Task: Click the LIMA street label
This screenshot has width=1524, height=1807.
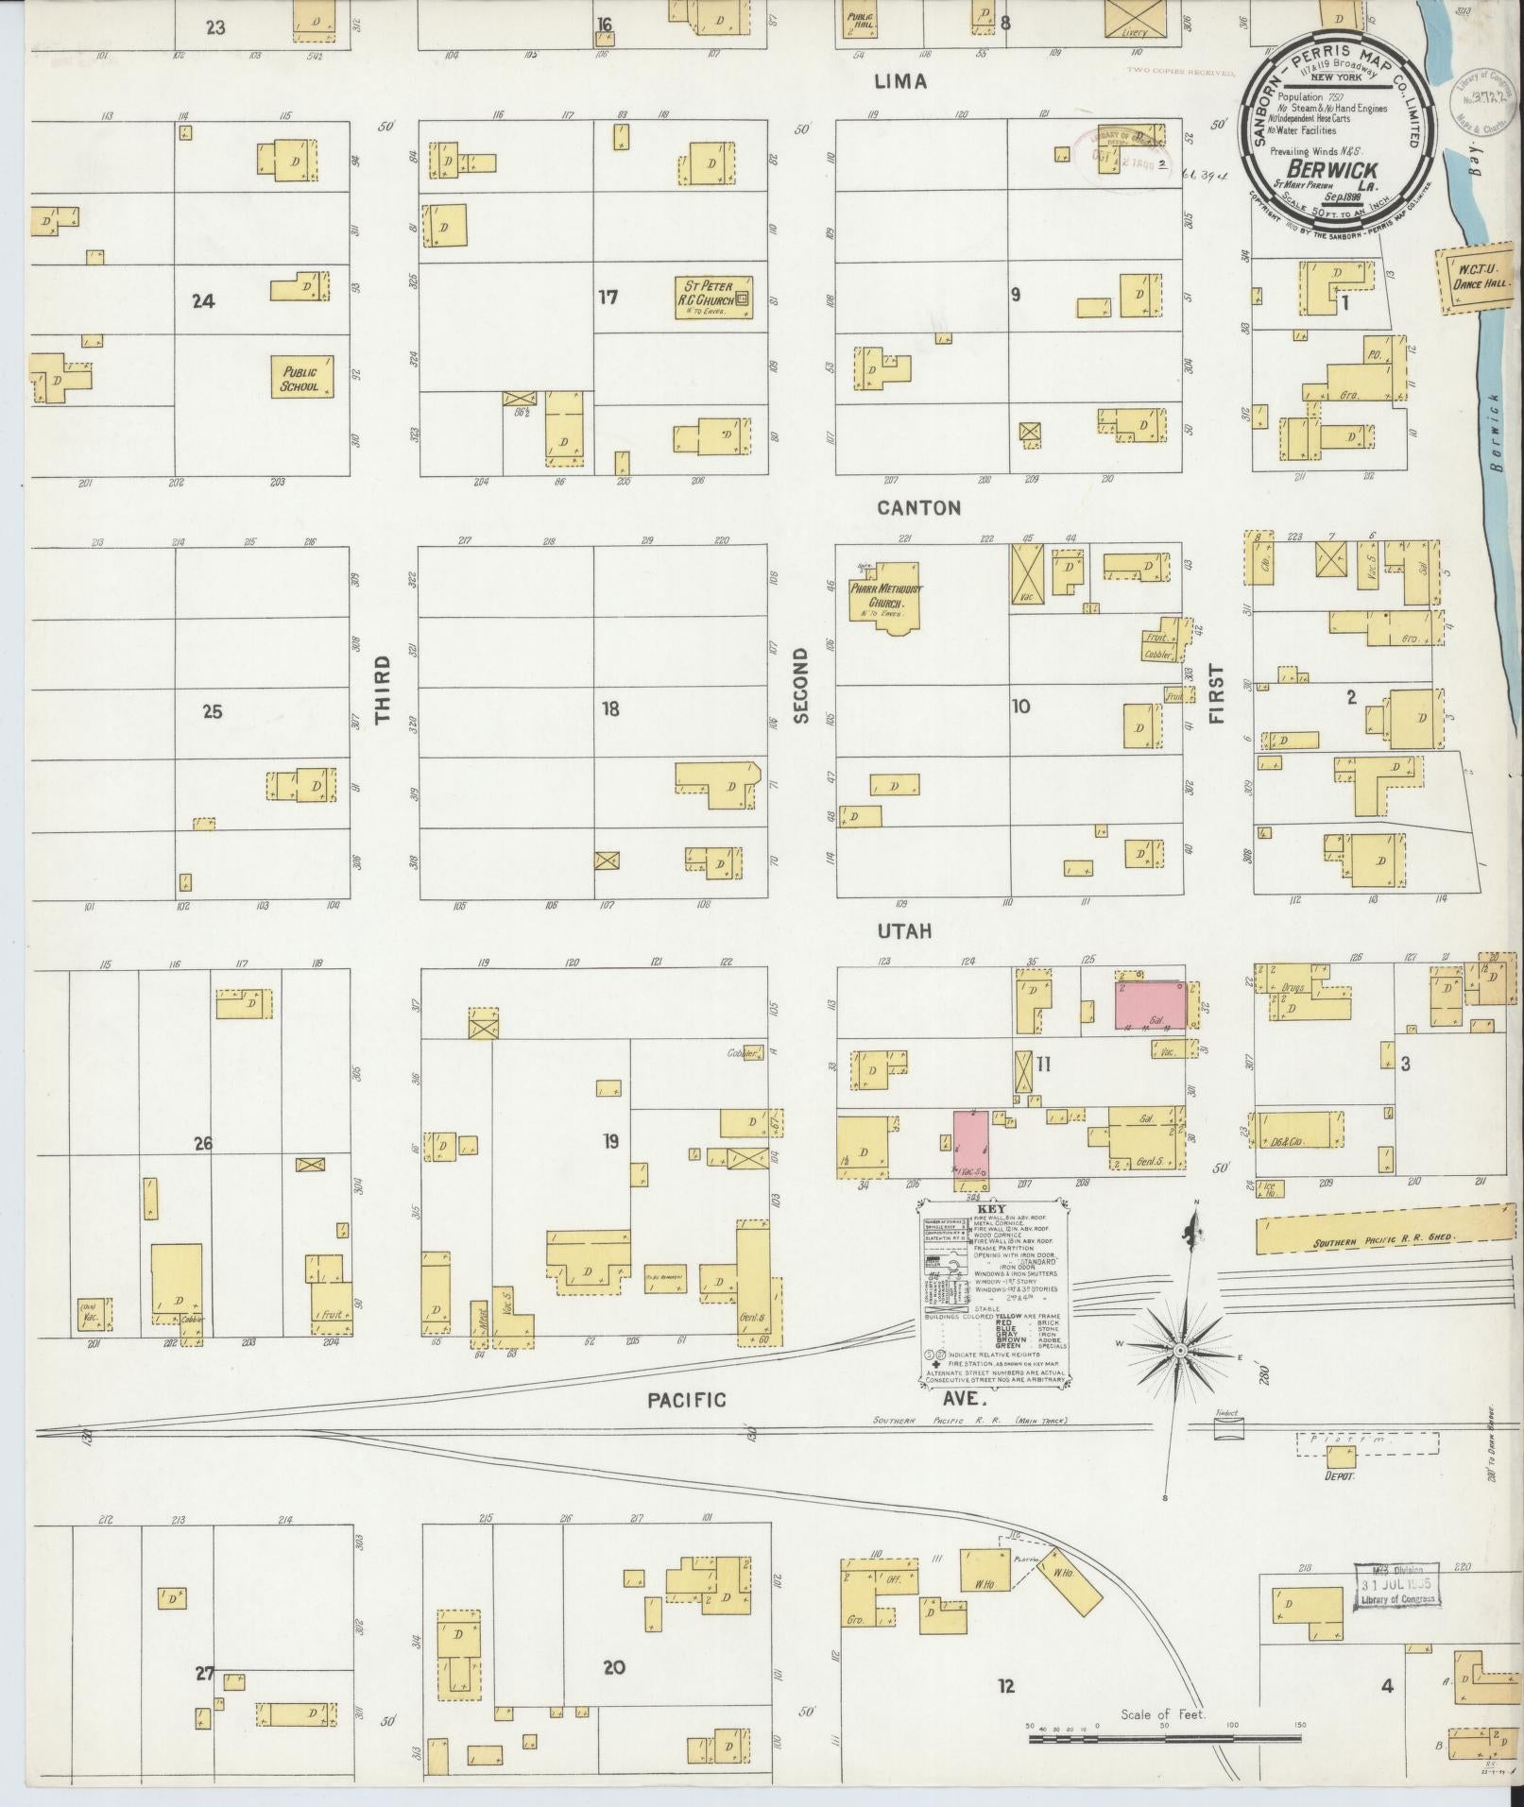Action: (x=899, y=82)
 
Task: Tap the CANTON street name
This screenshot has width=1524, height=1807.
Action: (x=918, y=508)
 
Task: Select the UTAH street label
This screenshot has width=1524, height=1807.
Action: (x=903, y=931)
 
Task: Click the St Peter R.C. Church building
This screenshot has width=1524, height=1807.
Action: (x=714, y=297)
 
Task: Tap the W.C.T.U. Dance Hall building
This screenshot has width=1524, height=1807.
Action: (x=1476, y=278)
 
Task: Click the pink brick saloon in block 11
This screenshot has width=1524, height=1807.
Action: (x=1150, y=1005)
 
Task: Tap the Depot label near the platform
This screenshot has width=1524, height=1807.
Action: (x=1340, y=1501)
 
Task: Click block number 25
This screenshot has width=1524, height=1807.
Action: (x=213, y=711)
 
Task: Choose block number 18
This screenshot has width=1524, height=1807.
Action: (x=611, y=708)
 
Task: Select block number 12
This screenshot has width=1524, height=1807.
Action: (x=1006, y=1684)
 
